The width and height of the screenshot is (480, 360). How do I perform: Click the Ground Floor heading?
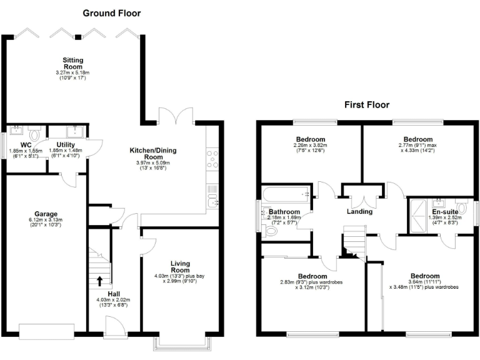pos(112,13)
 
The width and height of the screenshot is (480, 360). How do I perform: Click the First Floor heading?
pos(366,105)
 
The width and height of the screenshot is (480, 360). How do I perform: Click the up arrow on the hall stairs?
pos(100,280)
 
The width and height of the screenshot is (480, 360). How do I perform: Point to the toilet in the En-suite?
pos(462,207)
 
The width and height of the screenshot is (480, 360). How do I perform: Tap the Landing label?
pos(359,211)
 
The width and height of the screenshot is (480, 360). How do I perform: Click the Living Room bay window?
pos(181,342)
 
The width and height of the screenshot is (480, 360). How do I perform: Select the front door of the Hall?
pos(114,326)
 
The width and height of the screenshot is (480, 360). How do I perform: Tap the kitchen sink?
pos(213,201)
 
